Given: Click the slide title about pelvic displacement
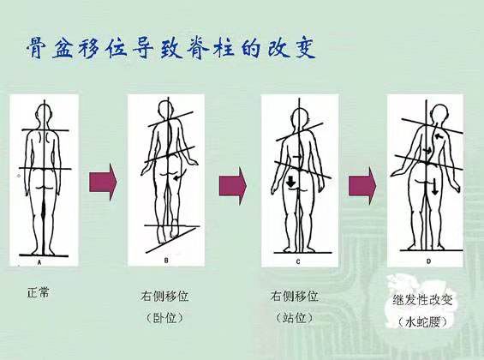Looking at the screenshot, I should coord(171,47).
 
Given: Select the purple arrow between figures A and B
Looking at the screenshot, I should coord(103,182).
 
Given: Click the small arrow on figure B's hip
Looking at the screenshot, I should coord(177,177).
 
